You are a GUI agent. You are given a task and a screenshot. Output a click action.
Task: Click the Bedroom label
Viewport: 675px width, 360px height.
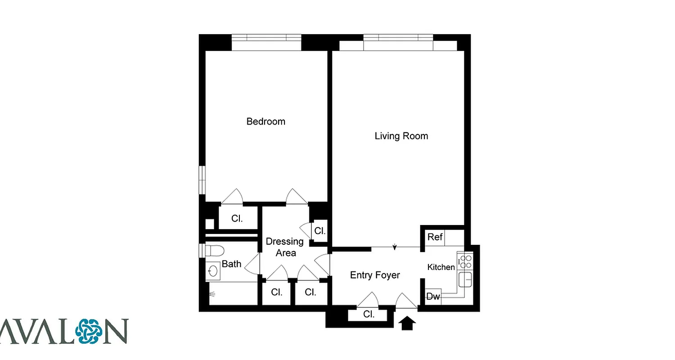pyautogui.click(x=265, y=121)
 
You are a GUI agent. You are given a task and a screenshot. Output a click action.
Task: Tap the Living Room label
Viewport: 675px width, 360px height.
pyautogui.click(x=401, y=136)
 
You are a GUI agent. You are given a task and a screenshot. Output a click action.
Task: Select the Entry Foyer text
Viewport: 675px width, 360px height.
pyautogui.click(x=375, y=275)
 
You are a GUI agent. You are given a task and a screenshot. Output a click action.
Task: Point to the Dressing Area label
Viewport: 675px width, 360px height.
pyautogui.click(x=284, y=247)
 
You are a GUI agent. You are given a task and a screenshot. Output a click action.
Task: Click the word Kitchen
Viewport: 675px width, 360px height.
pyautogui.click(x=441, y=267)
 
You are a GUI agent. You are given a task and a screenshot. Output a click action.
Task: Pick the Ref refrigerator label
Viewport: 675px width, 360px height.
pyautogui.click(x=435, y=237)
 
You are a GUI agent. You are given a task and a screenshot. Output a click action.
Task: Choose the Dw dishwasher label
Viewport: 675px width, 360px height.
pyautogui.click(x=433, y=297)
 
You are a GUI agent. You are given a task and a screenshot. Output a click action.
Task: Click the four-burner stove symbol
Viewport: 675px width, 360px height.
pyautogui.click(x=465, y=261)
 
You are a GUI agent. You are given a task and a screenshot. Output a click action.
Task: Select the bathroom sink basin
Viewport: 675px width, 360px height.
pyautogui.click(x=213, y=271)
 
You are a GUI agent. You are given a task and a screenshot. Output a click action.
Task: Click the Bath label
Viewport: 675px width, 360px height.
pyautogui.click(x=231, y=264)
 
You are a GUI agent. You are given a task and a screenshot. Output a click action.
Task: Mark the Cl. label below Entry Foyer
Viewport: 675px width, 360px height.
pyautogui.click(x=369, y=315)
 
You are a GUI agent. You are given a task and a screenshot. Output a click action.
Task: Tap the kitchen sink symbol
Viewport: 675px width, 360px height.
pyautogui.click(x=465, y=279)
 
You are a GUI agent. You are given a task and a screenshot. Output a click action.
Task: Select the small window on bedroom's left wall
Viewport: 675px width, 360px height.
pyautogui.click(x=202, y=180)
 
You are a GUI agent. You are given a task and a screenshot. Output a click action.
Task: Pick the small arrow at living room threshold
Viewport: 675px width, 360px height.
pyautogui.click(x=395, y=247)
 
